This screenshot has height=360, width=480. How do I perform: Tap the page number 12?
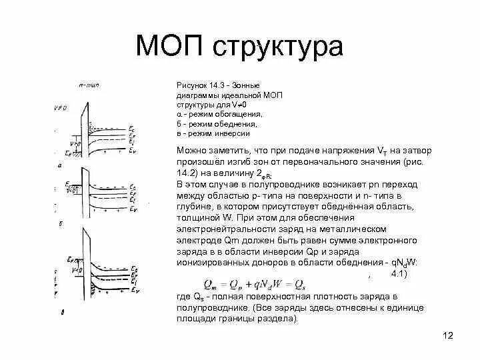pos(447,335)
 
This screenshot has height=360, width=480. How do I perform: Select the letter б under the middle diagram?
pos(61,223)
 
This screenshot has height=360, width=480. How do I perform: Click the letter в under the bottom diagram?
pos(62,311)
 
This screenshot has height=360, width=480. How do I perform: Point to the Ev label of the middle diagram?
pos(134,210)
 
